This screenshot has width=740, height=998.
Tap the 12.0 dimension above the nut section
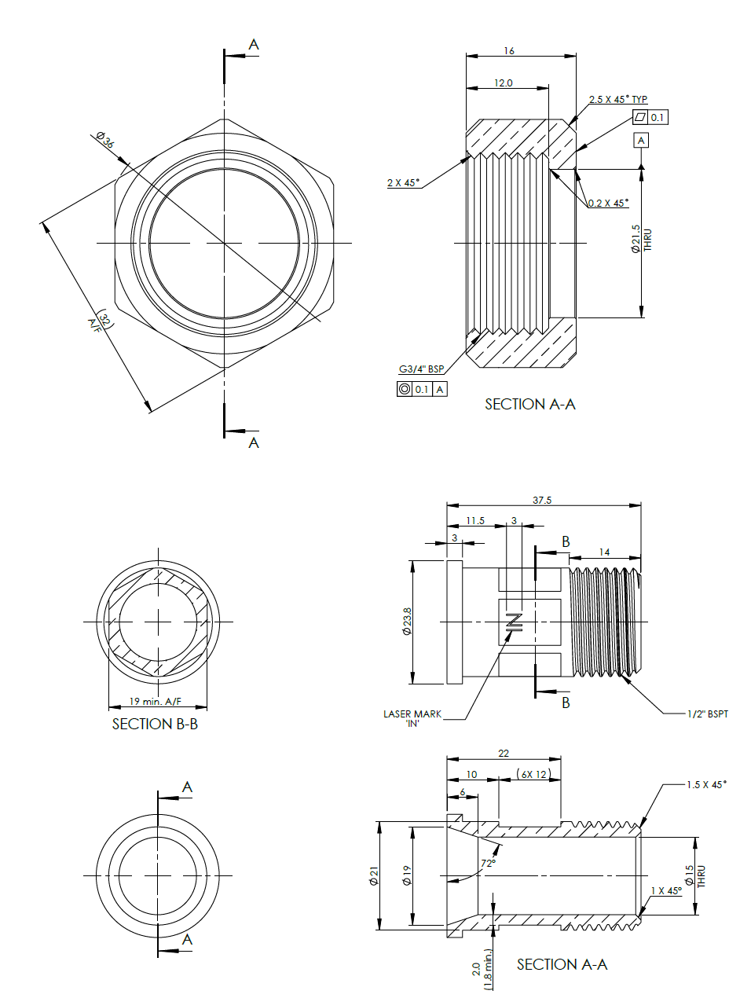(x=504, y=83)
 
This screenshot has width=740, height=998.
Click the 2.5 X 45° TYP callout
(x=618, y=99)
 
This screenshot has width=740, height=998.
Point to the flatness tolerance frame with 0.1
(x=650, y=117)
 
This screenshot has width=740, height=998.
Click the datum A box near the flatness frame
(x=642, y=140)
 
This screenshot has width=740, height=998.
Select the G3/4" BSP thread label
(x=421, y=368)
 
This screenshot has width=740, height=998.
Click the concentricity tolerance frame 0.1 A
(x=422, y=388)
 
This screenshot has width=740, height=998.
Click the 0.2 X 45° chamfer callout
(x=609, y=203)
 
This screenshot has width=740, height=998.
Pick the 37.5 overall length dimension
(x=541, y=500)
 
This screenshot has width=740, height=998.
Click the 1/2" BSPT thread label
(x=707, y=714)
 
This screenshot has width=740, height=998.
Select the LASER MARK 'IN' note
(x=412, y=718)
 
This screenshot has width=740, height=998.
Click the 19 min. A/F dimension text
(x=155, y=701)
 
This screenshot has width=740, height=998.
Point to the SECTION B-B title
(x=155, y=724)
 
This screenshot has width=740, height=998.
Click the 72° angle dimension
(x=488, y=863)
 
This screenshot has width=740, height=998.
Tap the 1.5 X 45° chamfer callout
(x=706, y=784)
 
